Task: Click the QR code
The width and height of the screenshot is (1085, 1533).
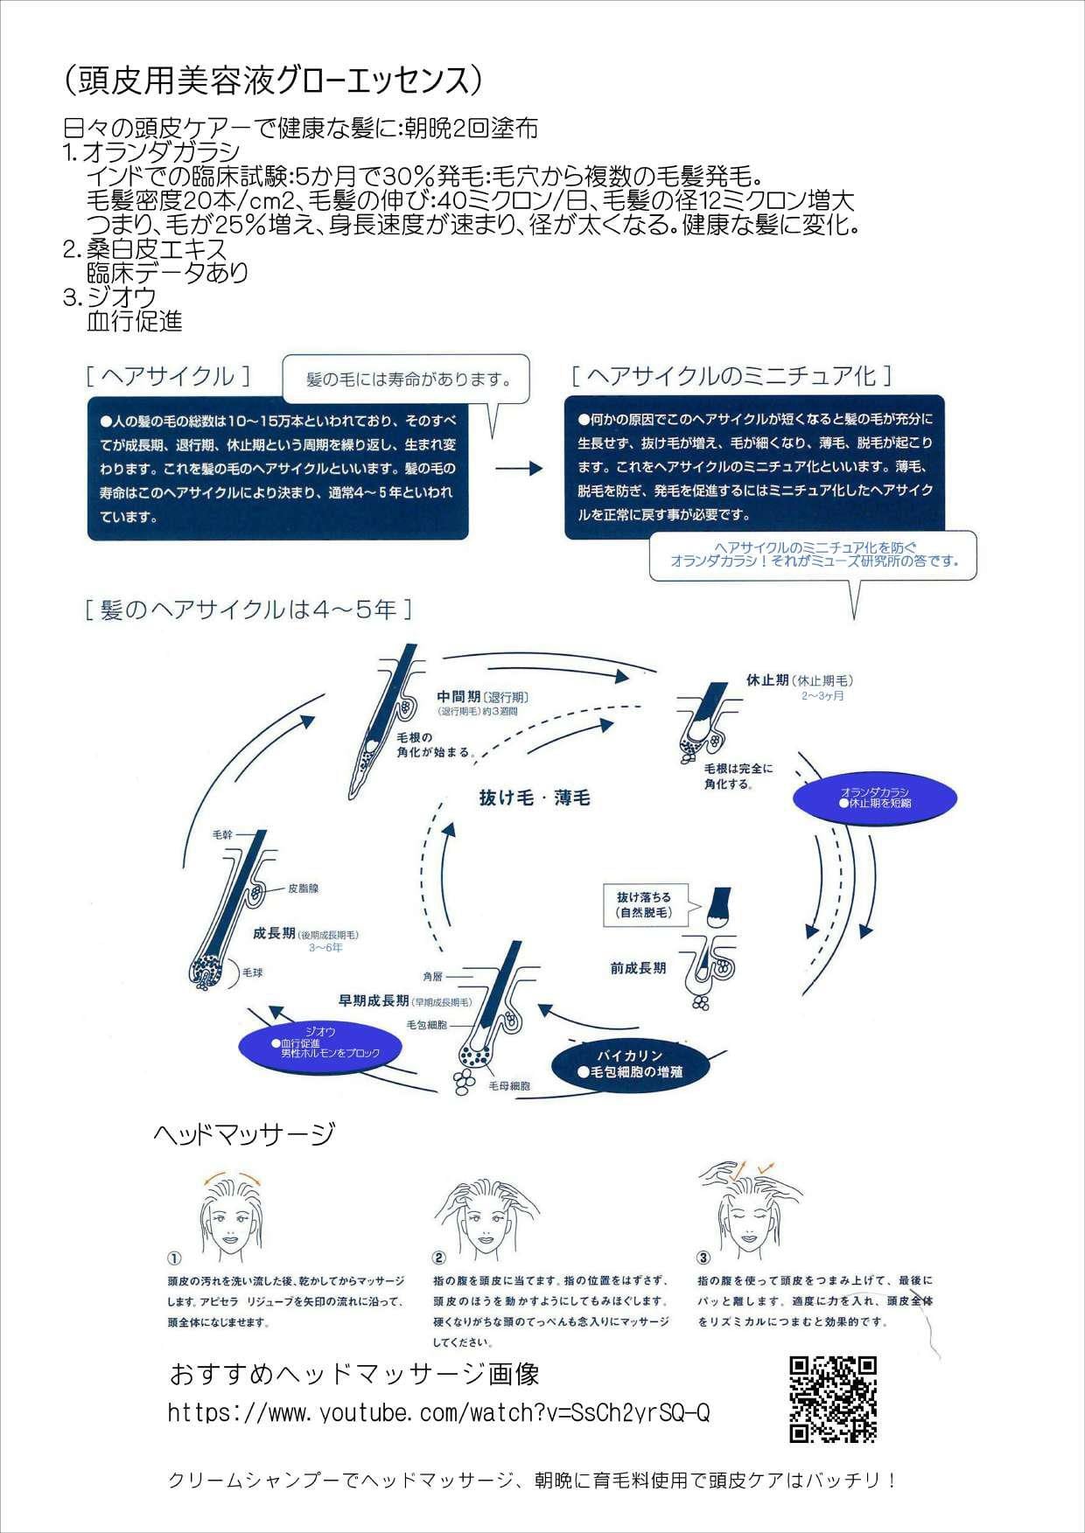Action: tap(832, 1399)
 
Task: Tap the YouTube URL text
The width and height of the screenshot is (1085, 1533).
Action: tap(438, 1412)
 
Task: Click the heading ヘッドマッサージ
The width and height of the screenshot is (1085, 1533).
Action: tap(244, 1134)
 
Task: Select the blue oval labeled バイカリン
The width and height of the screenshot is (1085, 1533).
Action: tap(630, 1063)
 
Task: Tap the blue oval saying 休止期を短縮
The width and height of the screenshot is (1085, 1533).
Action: tap(874, 797)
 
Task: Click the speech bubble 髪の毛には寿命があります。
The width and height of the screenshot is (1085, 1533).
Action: tap(406, 380)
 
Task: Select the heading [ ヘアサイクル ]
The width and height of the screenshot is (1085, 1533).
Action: tap(168, 376)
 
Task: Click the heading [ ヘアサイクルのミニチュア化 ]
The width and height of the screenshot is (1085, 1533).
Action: tap(731, 376)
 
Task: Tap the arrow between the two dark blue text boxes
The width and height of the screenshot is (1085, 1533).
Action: tap(519, 469)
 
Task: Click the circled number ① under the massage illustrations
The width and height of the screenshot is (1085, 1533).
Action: tap(174, 1258)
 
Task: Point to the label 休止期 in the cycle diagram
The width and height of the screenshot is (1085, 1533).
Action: tap(767, 679)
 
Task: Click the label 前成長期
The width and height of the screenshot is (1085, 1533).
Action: tap(638, 968)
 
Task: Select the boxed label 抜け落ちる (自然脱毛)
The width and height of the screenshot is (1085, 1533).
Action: tap(644, 904)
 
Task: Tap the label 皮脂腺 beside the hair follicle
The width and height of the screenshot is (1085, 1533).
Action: tap(304, 888)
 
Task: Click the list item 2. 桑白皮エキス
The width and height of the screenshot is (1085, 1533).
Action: tap(145, 249)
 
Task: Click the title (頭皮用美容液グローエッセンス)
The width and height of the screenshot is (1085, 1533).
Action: tap(273, 81)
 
